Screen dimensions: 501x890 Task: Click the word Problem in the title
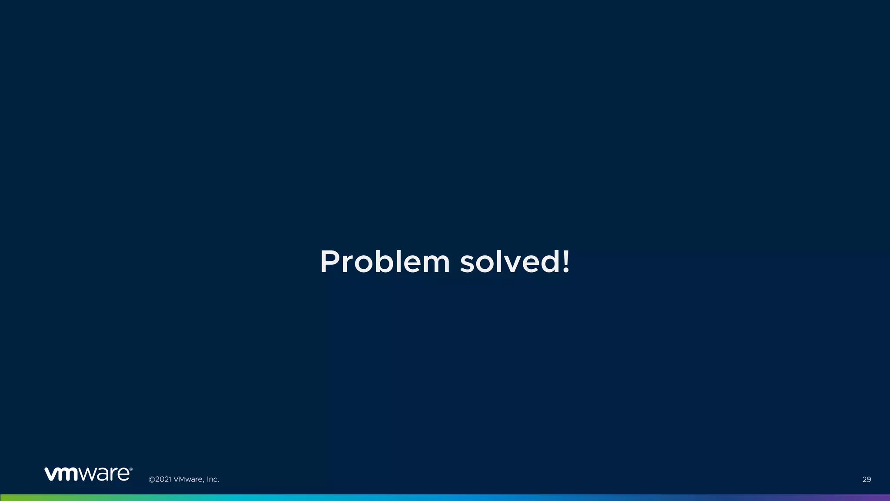(x=385, y=262)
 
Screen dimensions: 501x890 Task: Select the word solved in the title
(x=510, y=262)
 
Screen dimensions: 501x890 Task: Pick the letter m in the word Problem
(x=435, y=265)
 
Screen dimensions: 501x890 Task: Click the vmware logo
(x=88, y=474)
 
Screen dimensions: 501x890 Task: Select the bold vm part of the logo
(x=61, y=474)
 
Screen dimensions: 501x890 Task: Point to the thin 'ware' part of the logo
(x=104, y=474)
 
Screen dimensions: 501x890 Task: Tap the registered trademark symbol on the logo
(x=131, y=469)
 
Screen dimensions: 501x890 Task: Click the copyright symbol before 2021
(x=152, y=479)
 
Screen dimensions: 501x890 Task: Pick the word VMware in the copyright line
(x=188, y=479)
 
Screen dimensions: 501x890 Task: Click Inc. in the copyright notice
(x=213, y=479)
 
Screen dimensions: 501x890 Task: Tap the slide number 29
(x=867, y=479)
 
